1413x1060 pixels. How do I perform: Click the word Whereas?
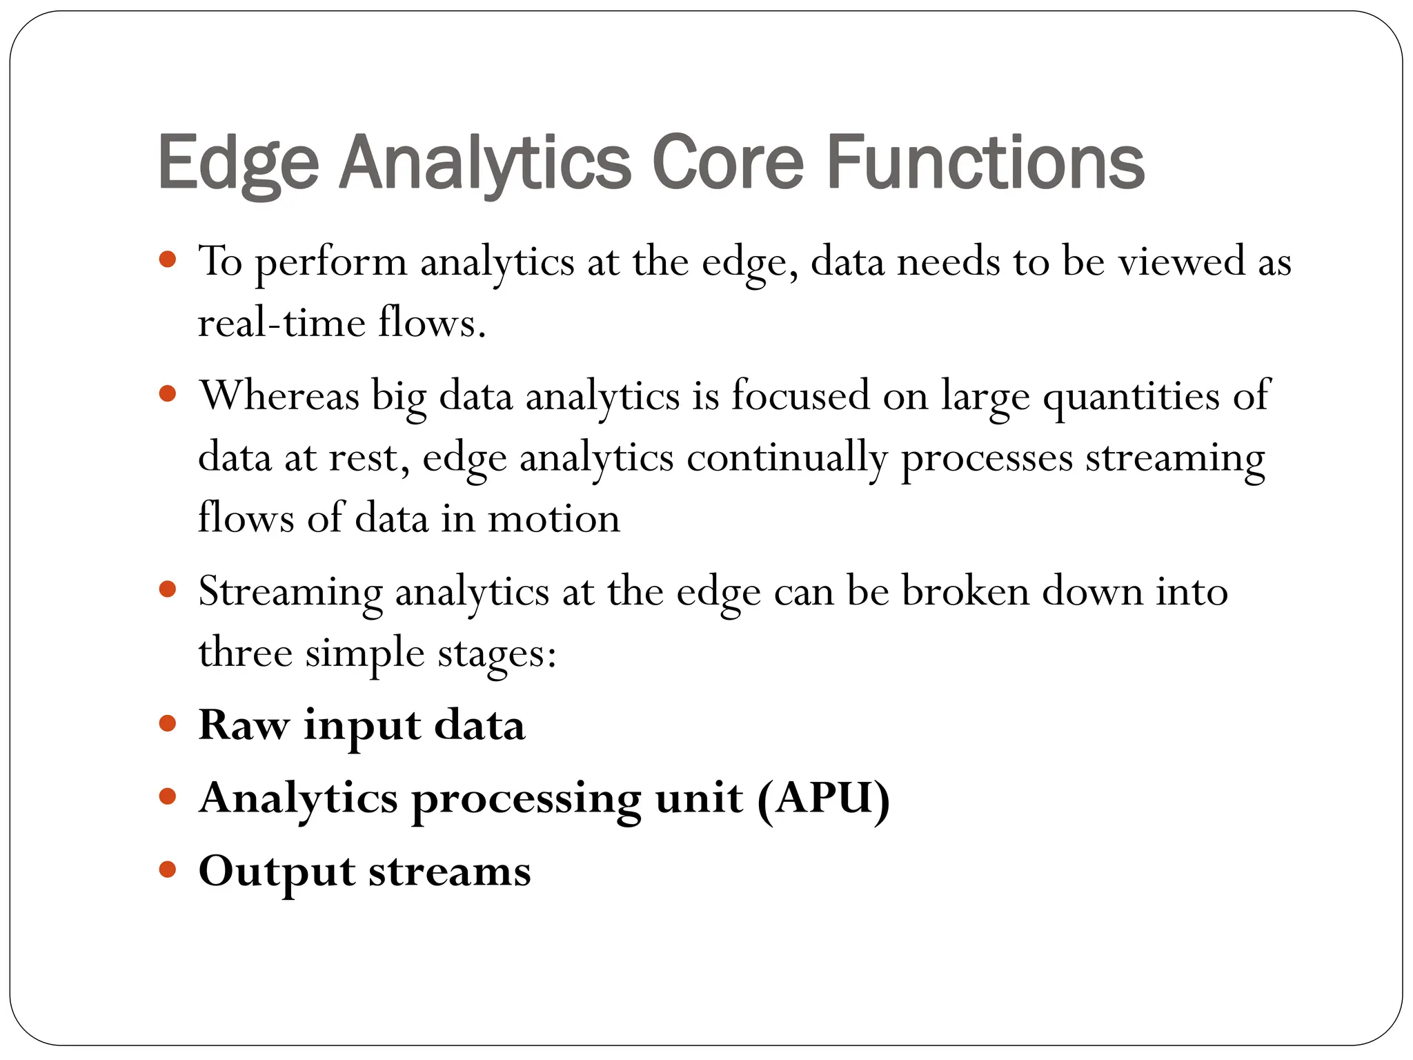(x=279, y=396)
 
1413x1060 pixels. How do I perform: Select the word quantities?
(x=1131, y=397)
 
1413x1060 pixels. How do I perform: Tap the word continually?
(x=787, y=458)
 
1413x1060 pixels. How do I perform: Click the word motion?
(x=554, y=519)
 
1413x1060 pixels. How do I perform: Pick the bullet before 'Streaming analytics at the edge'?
(x=168, y=589)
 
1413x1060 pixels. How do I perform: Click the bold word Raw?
(x=244, y=726)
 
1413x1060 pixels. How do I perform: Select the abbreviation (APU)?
(x=823, y=799)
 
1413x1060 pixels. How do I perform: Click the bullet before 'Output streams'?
(x=168, y=869)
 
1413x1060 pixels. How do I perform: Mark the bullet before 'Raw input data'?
(x=168, y=724)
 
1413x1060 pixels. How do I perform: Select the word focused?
(x=800, y=396)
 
